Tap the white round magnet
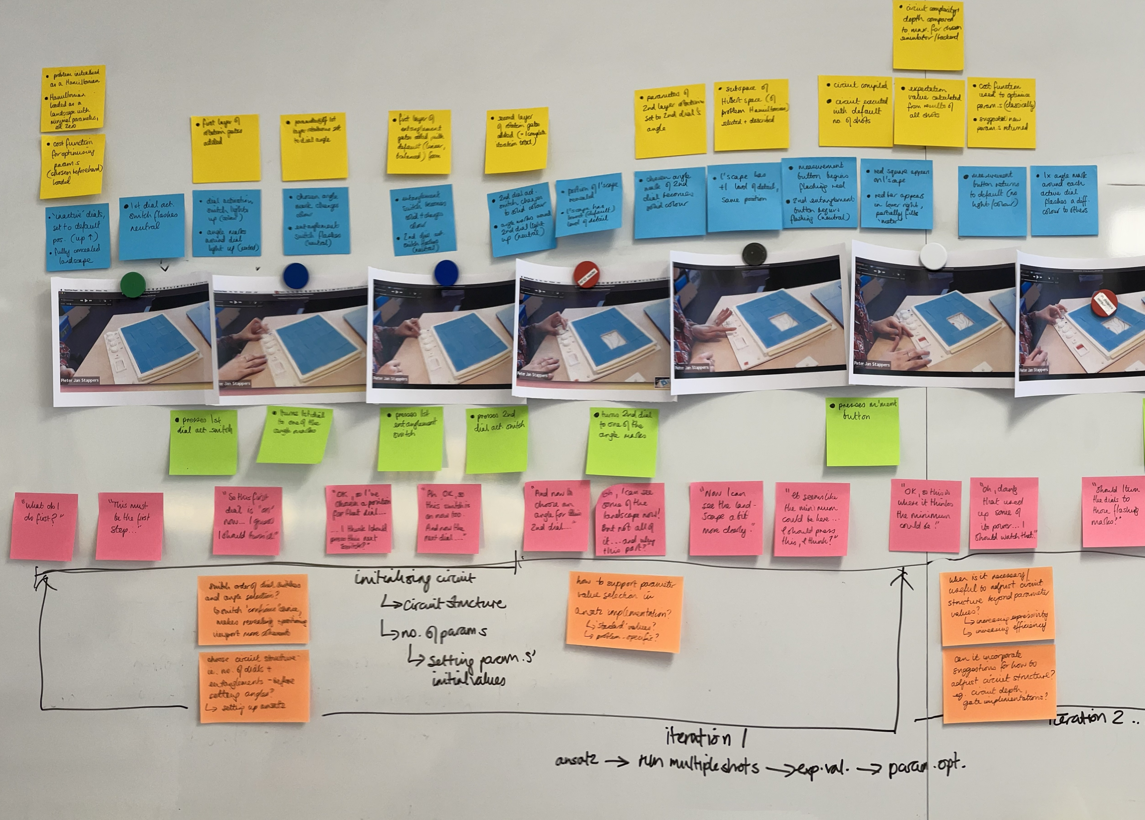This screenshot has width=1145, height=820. [933, 256]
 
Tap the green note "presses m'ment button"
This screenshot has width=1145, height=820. [862, 431]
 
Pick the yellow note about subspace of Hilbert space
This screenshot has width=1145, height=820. [751, 114]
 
